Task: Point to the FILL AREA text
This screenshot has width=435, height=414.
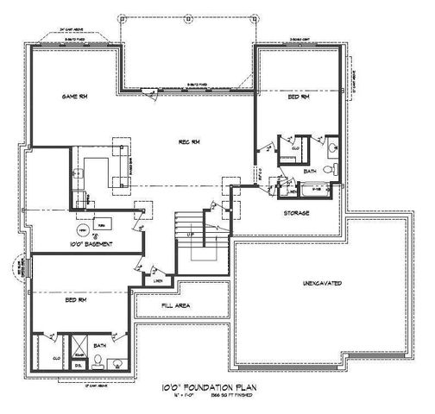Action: pyautogui.click(x=176, y=305)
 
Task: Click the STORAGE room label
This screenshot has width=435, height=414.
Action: pyautogui.click(x=297, y=212)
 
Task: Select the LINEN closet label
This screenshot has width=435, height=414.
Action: pyautogui.click(x=157, y=281)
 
